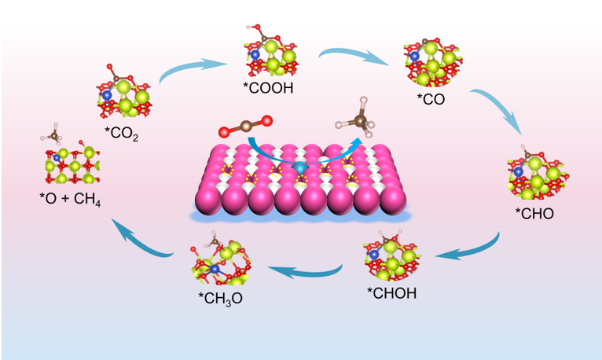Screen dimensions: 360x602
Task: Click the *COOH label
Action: tap(268, 87)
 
